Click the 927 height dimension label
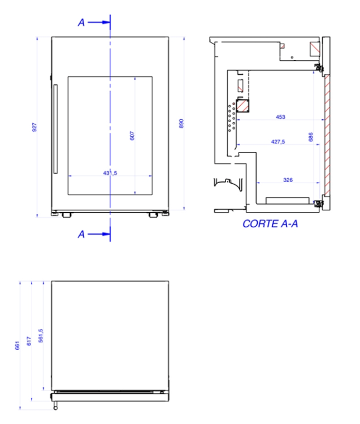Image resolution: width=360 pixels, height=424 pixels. click(x=34, y=127)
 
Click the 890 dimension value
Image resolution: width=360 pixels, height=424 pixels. click(x=181, y=124)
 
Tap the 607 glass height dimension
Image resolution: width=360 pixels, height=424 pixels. click(x=132, y=136)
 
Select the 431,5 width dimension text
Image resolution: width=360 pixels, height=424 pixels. click(x=110, y=173)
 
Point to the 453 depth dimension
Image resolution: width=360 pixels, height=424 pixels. click(x=280, y=117)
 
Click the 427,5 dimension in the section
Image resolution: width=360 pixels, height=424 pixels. click(x=278, y=142)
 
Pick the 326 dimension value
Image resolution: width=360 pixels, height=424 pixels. click(x=288, y=180)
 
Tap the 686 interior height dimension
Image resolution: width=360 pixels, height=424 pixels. click(x=311, y=137)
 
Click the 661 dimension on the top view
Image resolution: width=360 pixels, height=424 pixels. click(x=18, y=345)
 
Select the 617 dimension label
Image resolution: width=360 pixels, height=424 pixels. click(x=29, y=341)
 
